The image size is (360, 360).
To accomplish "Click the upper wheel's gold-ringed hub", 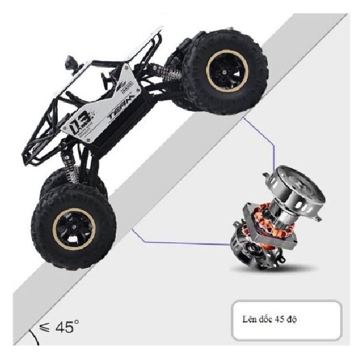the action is point(227,71).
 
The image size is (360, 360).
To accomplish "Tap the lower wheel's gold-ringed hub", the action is point(74,230).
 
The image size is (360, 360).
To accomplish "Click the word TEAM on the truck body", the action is point(121,107).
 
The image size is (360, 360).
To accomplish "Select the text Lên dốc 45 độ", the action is point(269,319).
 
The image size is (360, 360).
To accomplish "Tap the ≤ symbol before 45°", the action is point(44,328).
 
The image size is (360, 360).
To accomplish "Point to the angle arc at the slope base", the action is point(35,338).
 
